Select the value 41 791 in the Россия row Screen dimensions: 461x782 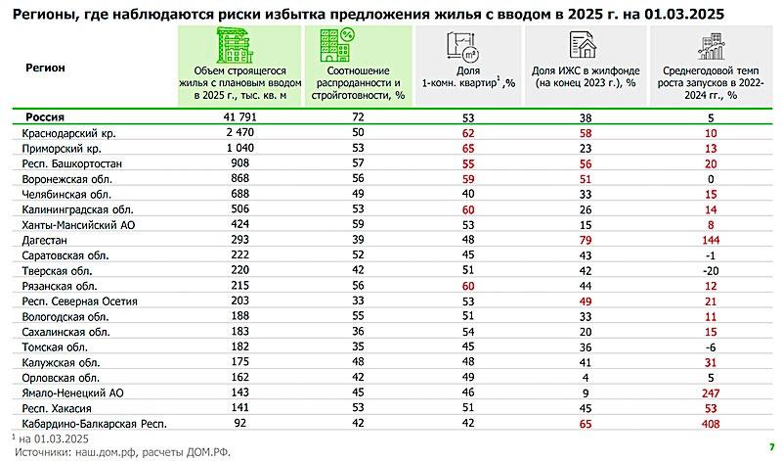pyautogui.click(x=239, y=115)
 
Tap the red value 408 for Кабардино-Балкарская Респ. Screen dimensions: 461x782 pyautogui.click(x=724, y=424)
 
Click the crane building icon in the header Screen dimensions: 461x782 pyautogui.click(x=239, y=44)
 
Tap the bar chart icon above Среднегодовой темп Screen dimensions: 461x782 pyautogui.click(x=711, y=44)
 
